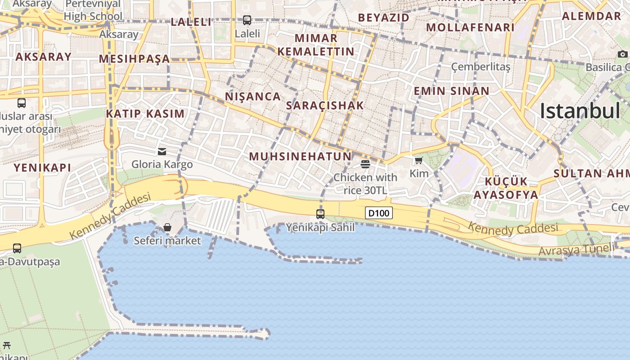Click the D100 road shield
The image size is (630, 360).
[x=378, y=213]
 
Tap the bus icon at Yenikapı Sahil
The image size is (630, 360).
[x=320, y=214]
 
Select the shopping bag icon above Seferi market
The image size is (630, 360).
[x=167, y=227]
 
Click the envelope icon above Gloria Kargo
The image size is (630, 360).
[x=162, y=152]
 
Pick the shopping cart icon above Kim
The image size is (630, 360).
[x=418, y=161]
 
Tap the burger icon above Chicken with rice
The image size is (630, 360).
[x=365, y=164]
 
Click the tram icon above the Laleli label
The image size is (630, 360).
[x=247, y=20]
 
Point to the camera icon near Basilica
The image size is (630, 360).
[x=622, y=54]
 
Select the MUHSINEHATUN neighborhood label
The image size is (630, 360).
[x=300, y=157]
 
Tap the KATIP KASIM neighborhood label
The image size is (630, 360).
[x=145, y=114]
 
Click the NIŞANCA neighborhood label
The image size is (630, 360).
[x=253, y=97]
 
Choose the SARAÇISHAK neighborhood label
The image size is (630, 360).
[x=325, y=106]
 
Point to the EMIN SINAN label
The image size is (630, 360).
[x=451, y=91]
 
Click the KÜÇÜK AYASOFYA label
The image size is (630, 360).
[x=506, y=188]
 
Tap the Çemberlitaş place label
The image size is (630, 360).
[x=481, y=67]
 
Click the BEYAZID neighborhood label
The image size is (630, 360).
[x=384, y=18]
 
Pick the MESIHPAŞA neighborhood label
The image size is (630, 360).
[x=134, y=59]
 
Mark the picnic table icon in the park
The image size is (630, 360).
[x=6, y=346]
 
